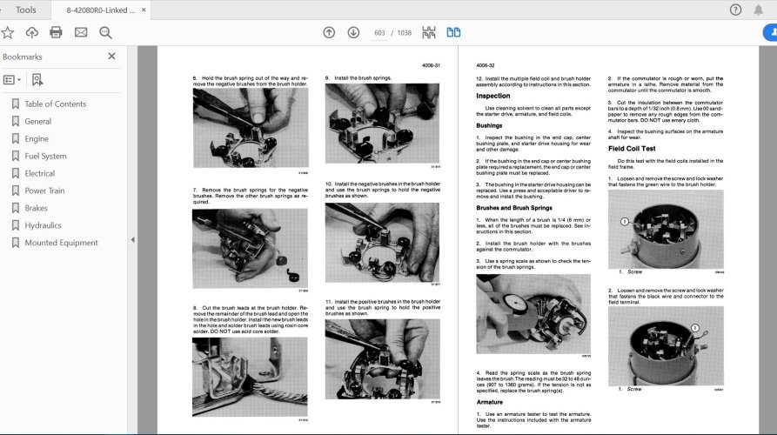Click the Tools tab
click(x=26, y=10)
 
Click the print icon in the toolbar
click(x=56, y=32)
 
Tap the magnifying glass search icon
click(x=105, y=32)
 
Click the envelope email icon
click(x=81, y=32)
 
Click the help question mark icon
click(x=735, y=10)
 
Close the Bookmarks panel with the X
click(x=111, y=57)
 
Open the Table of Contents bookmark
click(x=55, y=104)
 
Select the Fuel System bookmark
click(x=45, y=156)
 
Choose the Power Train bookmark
click(x=44, y=191)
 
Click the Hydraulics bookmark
click(x=44, y=225)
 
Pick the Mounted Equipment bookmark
click(x=61, y=243)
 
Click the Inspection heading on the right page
click(x=493, y=96)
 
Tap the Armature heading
click(x=490, y=402)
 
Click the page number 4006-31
click(x=432, y=65)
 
